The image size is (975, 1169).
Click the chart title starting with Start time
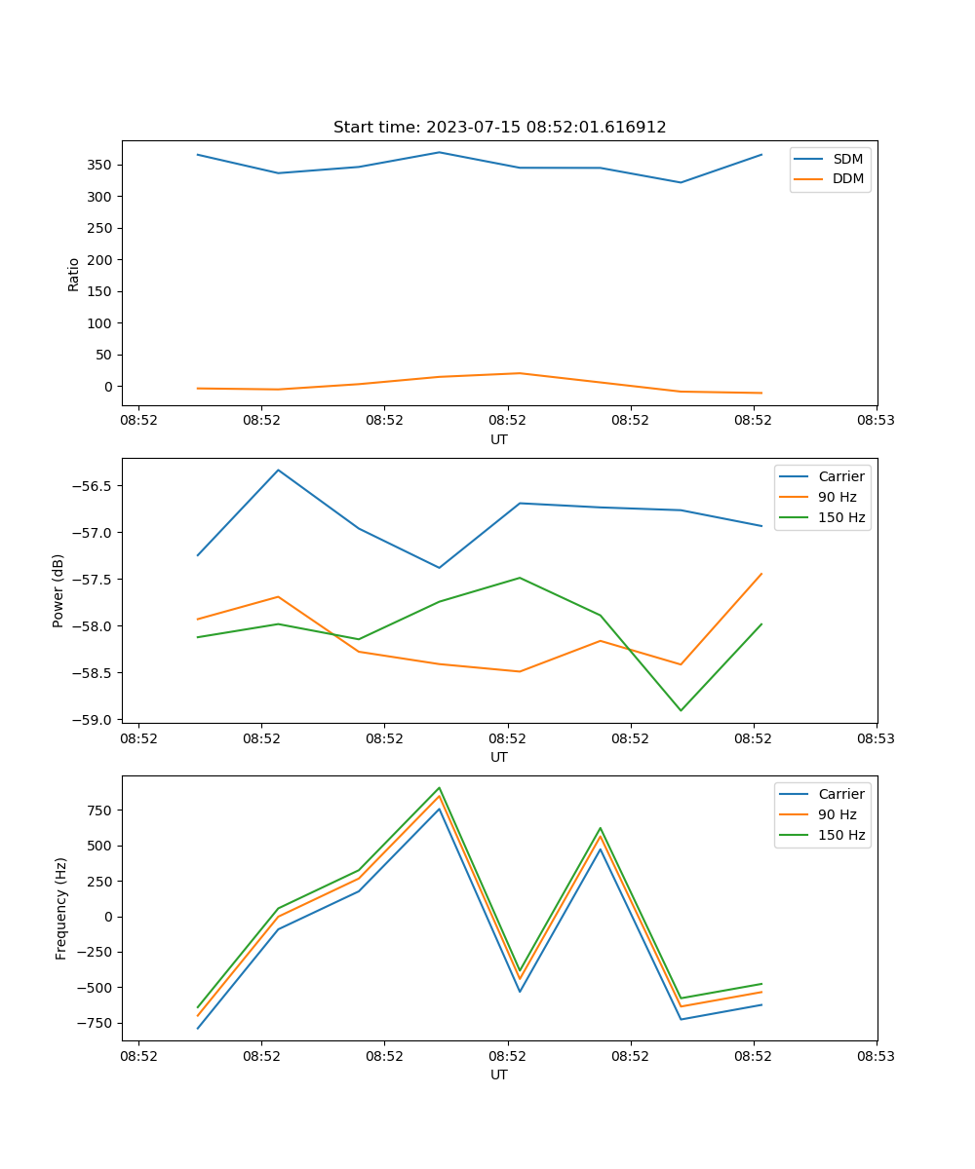(x=499, y=128)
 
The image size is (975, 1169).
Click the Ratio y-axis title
(x=74, y=274)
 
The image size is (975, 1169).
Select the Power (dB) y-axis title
(x=58, y=590)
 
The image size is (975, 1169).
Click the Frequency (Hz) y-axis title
(x=60, y=908)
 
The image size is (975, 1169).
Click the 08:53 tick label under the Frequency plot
(x=876, y=1055)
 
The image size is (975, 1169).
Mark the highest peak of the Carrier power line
(x=278, y=471)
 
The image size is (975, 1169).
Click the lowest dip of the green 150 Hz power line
(x=681, y=710)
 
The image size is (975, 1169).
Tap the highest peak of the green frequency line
(x=440, y=787)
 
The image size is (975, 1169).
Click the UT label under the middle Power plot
(x=499, y=757)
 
